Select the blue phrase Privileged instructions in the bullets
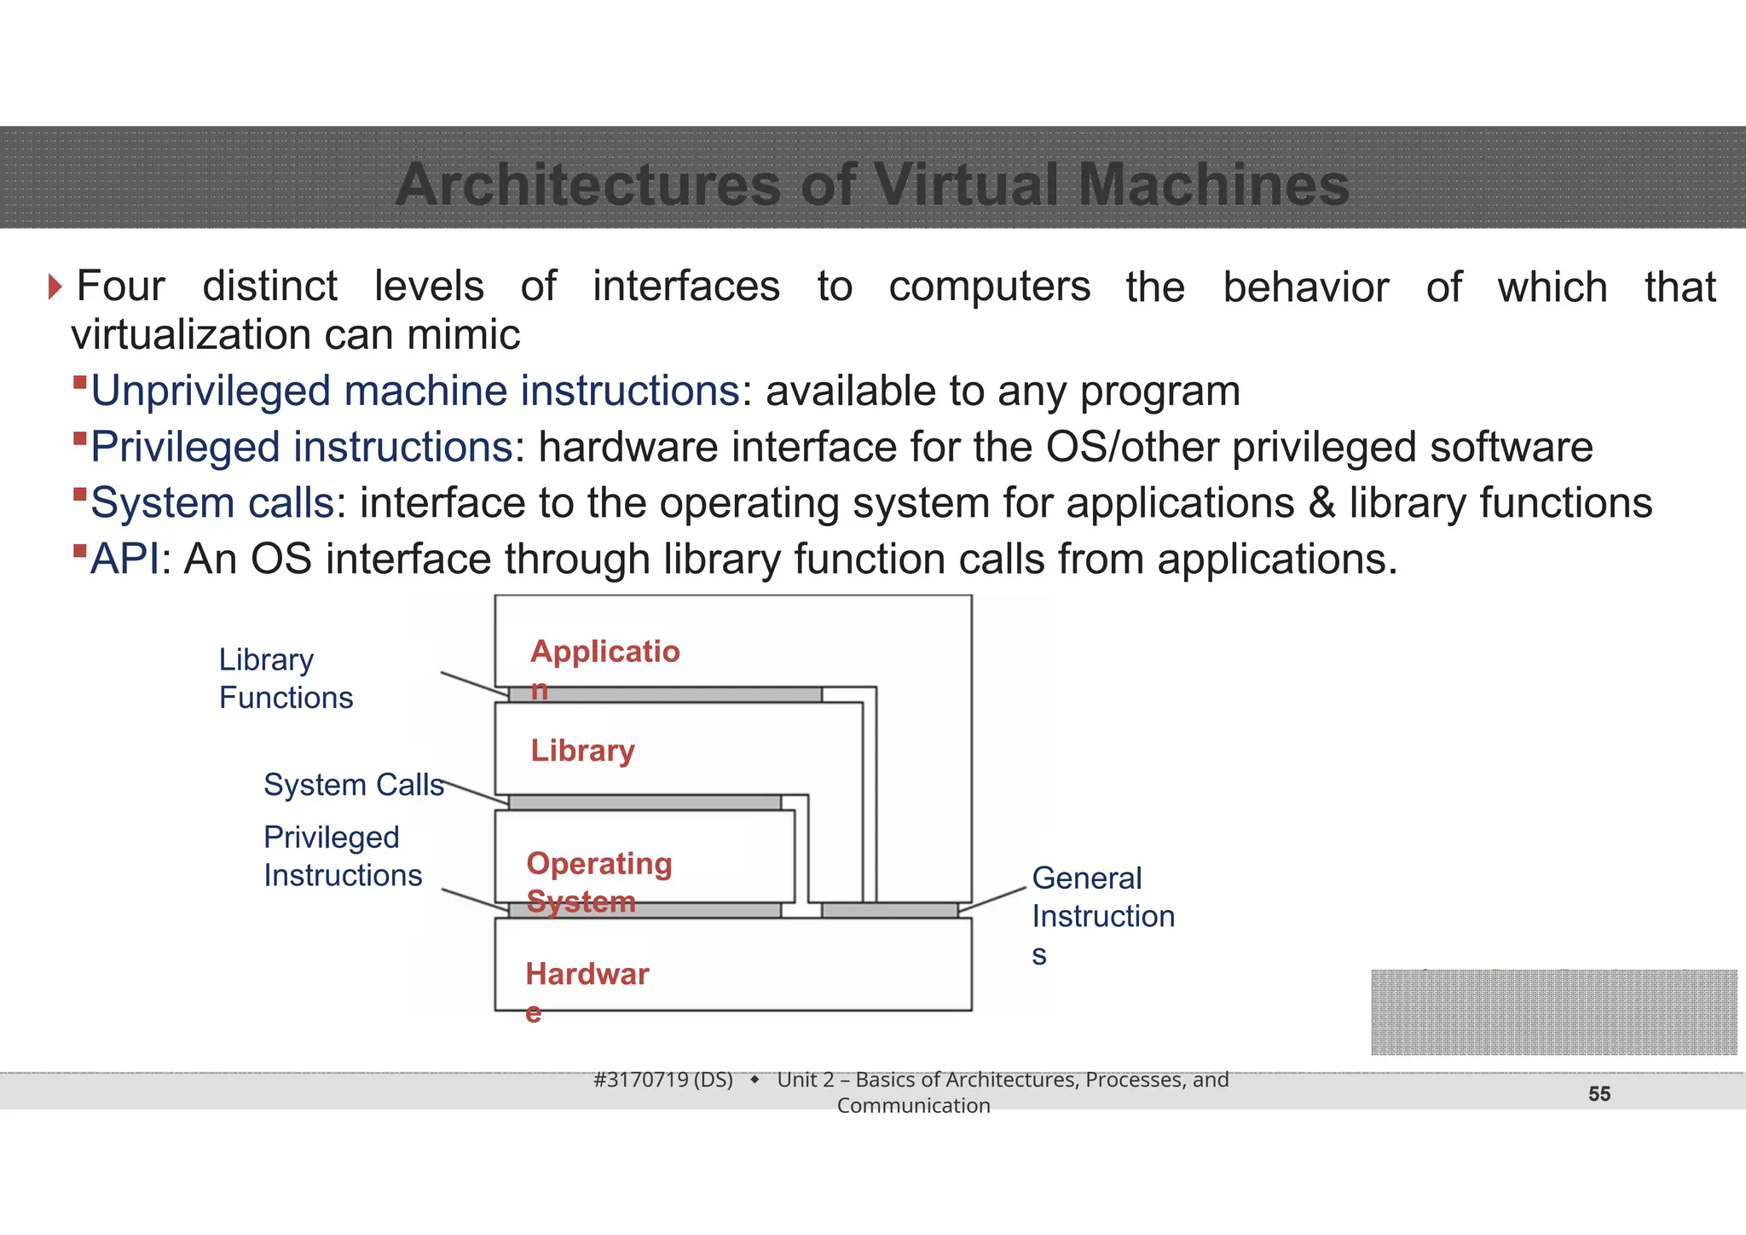click(301, 448)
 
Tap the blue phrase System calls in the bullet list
click(212, 503)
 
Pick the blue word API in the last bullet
click(124, 560)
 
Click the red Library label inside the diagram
click(582, 751)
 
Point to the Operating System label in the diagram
click(598, 881)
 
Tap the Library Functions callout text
click(285, 678)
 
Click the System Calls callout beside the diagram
click(353, 785)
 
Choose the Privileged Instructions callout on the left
click(342, 856)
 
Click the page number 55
click(1599, 1094)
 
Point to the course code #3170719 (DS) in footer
click(662, 1080)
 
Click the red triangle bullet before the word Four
click(55, 287)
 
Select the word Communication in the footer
click(913, 1106)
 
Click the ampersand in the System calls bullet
click(1321, 503)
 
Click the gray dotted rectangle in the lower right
click(1553, 1012)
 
